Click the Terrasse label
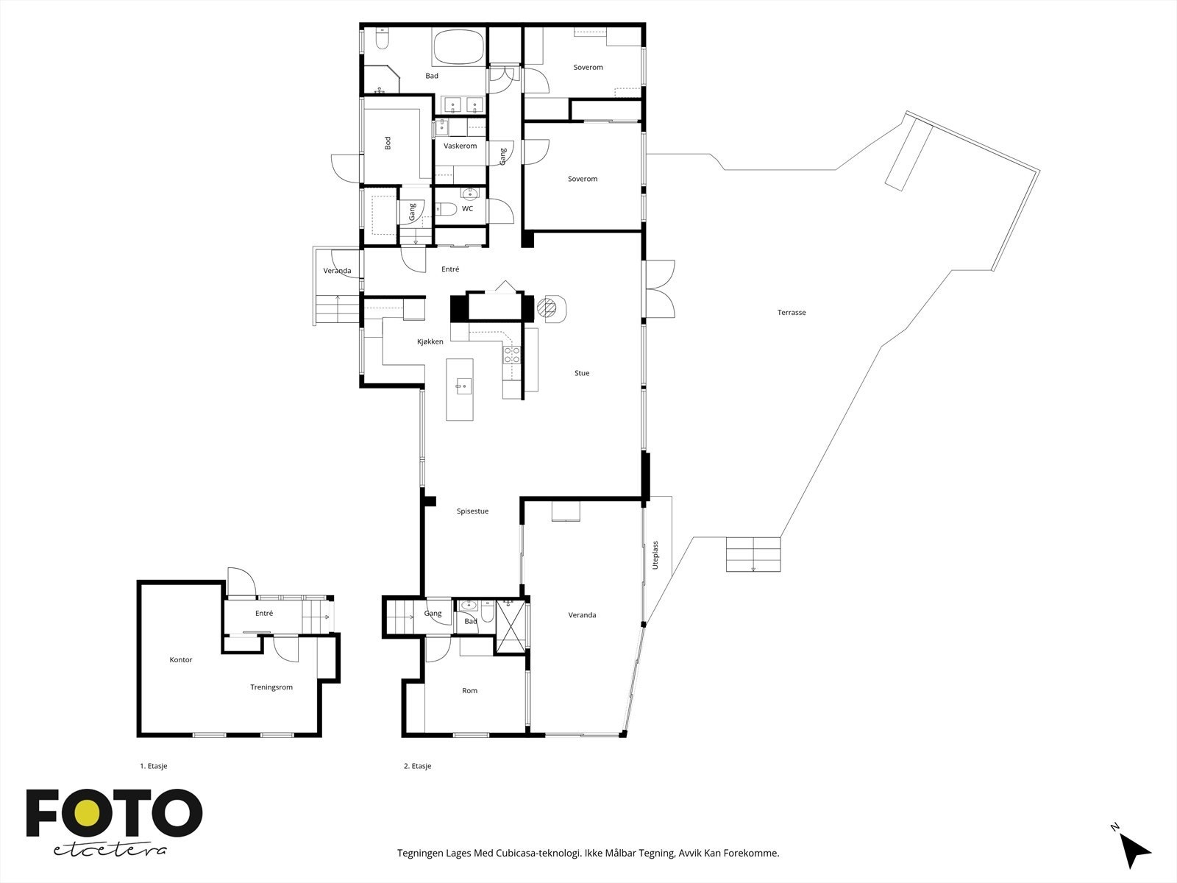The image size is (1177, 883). click(792, 313)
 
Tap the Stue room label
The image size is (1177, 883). click(582, 373)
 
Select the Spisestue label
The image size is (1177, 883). click(472, 511)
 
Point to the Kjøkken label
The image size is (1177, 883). click(430, 341)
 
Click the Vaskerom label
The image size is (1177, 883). click(460, 146)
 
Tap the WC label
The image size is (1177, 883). click(468, 208)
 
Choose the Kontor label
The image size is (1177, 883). click(181, 660)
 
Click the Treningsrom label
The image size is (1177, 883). click(271, 687)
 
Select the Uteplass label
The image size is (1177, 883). click(655, 555)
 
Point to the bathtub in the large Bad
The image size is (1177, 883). click(459, 47)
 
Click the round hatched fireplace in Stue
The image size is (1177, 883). click(547, 307)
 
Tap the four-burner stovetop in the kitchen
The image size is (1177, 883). click(511, 355)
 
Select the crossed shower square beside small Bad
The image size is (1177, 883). click(511, 627)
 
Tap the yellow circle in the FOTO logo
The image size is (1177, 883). click(86, 813)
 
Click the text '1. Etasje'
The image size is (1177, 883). click(153, 766)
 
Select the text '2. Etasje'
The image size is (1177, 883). click(417, 766)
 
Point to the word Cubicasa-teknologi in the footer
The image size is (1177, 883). click(538, 853)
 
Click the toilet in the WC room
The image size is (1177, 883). click(446, 208)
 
